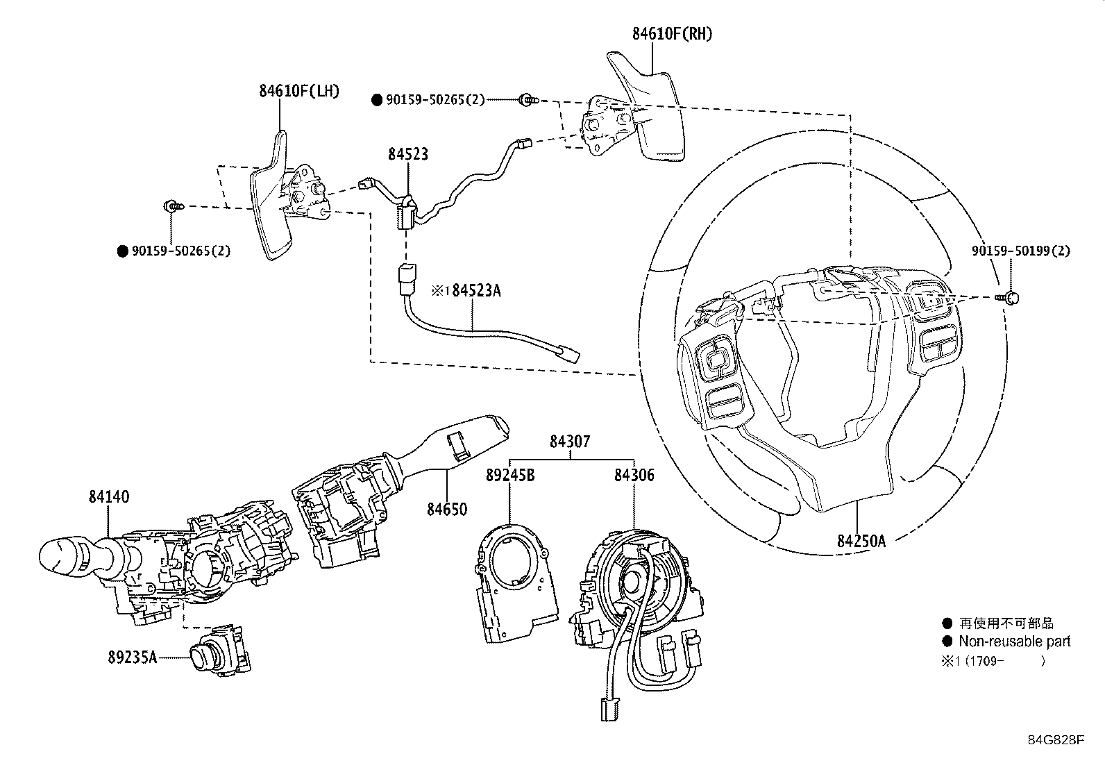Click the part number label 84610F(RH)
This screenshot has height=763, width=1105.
point(673,34)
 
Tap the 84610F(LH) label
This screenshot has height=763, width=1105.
point(299,91)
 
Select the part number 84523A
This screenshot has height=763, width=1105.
point(476,291)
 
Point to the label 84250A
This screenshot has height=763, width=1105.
point(861,541)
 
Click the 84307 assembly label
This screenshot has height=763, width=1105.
point(570,441)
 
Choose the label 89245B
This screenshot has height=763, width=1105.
point(510,475)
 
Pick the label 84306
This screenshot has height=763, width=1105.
point(634,475)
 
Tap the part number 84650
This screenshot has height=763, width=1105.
point(447,509)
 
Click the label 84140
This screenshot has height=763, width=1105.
point(109,496)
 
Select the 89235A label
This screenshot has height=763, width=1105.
point(132,657)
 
